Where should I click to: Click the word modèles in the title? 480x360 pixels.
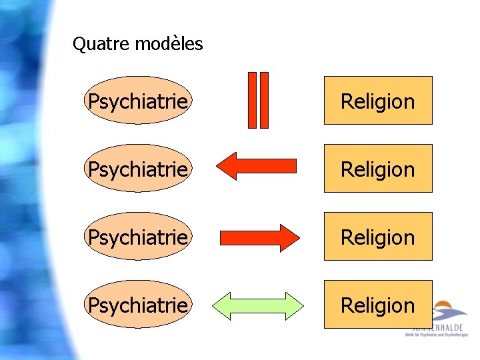click(x=169, y=45)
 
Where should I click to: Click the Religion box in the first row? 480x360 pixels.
click(x=378, y=101)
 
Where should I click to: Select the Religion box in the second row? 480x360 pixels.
click(x=378, y=169)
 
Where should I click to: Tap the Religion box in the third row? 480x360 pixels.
click(x=378, y=237)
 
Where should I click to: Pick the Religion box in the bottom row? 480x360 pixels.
click(x=378, y=305)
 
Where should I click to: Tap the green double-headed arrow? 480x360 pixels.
click(x=258, y=305)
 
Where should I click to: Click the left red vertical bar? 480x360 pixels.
click(x=253, y=99)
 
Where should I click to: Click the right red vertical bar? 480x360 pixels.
click(x=264, y=99)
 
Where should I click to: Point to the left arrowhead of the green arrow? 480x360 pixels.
click(x=222, y=305)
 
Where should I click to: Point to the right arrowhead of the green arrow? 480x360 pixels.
click(x=294, y=305)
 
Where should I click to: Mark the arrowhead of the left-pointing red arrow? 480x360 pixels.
click(x=228, y=166)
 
